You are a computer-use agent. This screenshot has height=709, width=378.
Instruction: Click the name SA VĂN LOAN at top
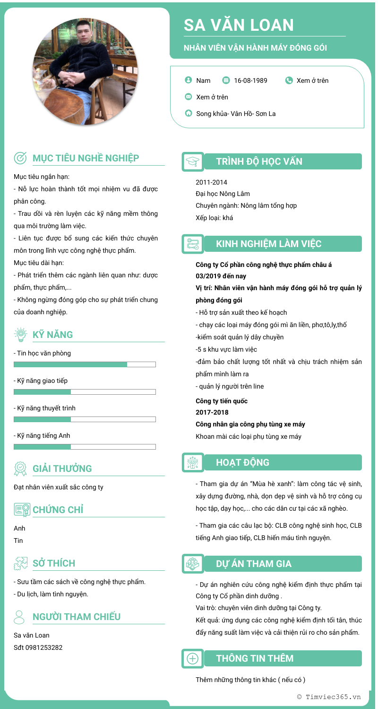point(239,25)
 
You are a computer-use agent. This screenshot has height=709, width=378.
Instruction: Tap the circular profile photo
point(85,71)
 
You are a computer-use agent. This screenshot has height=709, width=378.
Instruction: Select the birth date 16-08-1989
point(250,80)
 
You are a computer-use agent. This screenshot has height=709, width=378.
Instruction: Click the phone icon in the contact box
point(289,80)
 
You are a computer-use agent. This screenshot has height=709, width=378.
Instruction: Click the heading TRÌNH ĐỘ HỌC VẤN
point(259,161)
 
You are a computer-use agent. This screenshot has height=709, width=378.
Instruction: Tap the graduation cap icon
point(193,161)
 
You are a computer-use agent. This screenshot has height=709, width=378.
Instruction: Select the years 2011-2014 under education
point(211,182)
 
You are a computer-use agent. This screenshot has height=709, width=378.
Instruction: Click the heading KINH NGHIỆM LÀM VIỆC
point(268,244)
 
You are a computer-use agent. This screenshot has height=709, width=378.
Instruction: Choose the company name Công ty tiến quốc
point(222,401)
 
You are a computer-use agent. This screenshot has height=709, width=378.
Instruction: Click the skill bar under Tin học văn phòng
point(85,364)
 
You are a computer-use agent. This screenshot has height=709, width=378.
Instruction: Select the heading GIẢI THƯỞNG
point(62,469)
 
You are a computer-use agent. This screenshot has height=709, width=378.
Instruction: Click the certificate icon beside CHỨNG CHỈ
point(22,510)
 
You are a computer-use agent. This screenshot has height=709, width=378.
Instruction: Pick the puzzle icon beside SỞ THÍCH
point(21,563)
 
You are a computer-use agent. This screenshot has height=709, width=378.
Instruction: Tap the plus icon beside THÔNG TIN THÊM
point(193,658)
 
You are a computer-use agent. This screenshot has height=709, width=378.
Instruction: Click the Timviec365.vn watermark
point(329,697)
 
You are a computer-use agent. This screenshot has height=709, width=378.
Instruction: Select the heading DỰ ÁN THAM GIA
point(254,564)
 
